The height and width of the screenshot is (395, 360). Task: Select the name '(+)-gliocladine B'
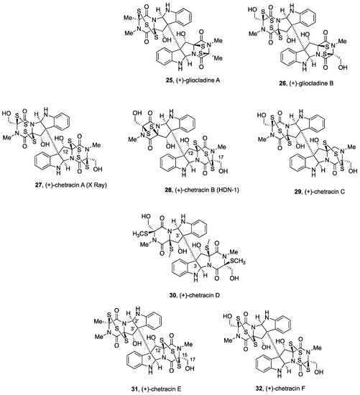[x=304, y=91]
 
